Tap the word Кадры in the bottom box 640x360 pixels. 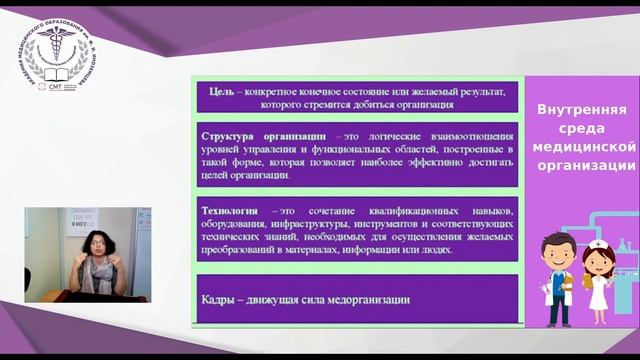pos(219,298)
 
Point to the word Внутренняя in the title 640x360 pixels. pos(582,110)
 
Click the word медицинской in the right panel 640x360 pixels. pos(583,147)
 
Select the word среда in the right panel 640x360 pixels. pos(582,129)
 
